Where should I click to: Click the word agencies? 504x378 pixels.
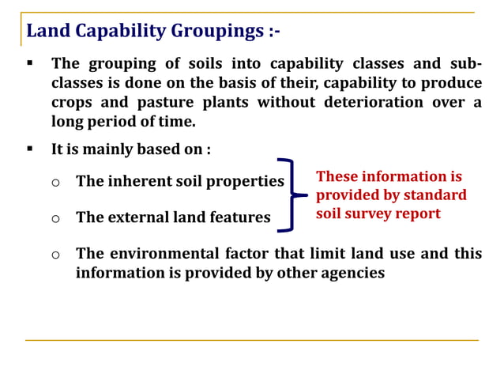(x=351, y=273)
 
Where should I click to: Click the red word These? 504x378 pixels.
(x=337, y=176)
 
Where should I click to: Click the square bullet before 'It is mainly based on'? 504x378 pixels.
(x=30, y=149)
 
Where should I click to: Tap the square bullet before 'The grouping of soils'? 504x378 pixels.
(x=30, y=63)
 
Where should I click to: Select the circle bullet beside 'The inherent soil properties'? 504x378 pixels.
(x=55, y=182)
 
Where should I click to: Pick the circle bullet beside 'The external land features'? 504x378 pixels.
(x=55, y=217)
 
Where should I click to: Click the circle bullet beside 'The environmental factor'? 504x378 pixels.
(x=55, y=254)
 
